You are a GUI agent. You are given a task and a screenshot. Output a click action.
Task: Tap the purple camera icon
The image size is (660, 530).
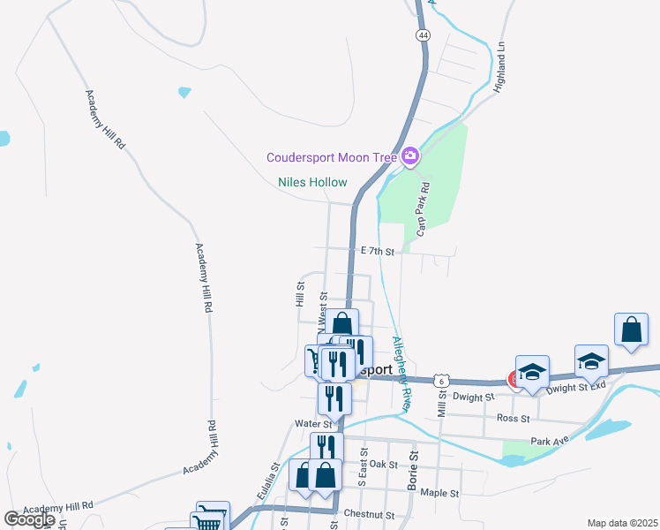point(409,158)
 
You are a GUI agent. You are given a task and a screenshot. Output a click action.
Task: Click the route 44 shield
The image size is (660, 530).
point(424,34)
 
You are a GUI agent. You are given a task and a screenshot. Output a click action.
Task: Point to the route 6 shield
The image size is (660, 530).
point(443,380)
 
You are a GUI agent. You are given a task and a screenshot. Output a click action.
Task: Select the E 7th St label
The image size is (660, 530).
point(377,252)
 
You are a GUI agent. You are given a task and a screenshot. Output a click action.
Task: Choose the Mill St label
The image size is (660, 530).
point(441,401)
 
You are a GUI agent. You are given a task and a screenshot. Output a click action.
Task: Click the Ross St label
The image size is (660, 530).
point(512,418)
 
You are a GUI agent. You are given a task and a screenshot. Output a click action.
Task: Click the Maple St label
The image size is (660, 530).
point(439,492)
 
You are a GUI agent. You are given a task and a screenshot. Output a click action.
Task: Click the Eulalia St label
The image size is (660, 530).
point(268,479)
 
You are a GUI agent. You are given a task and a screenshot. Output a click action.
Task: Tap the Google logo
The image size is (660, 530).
point(30,519)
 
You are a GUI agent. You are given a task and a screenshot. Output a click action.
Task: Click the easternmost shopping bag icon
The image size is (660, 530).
point(632,331)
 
